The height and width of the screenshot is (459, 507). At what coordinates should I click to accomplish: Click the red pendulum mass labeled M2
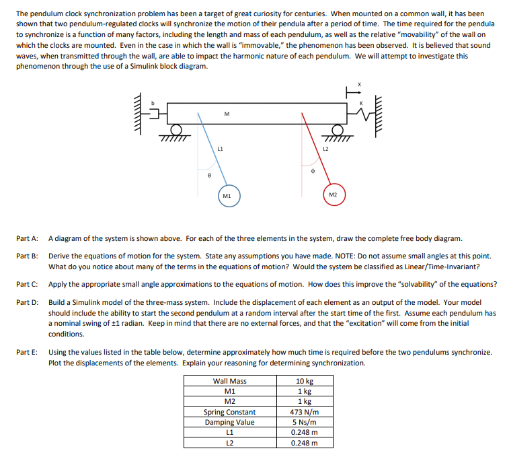coord(334,195)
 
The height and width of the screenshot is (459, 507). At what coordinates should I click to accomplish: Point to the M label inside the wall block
coord(227,114)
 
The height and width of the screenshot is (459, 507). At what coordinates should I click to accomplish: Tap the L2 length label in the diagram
coord(325,147)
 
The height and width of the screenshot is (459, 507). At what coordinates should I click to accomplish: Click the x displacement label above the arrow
coord(359,84)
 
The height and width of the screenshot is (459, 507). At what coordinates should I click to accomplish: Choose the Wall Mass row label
coord(229,382)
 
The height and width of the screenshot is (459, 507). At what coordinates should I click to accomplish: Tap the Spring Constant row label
coord(229,412)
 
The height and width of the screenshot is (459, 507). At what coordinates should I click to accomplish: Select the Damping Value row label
coord(229,422)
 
